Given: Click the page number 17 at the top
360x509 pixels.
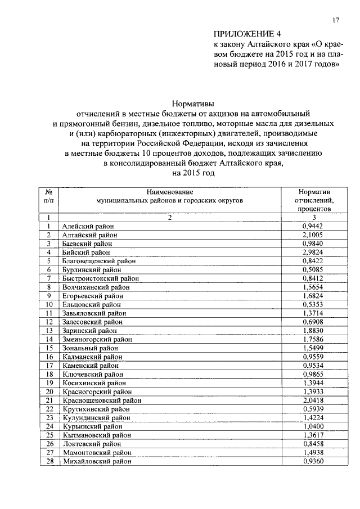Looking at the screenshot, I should point(336,20).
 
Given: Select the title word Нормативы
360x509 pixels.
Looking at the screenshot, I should point(193,103).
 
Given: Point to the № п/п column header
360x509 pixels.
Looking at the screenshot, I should point(49,196).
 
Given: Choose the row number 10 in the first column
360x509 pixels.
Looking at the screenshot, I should point(49,304).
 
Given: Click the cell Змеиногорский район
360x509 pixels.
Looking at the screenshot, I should point(92,339).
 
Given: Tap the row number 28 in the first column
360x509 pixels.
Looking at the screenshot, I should point(49,461).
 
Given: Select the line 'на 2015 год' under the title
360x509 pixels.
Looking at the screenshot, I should point(193,174).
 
